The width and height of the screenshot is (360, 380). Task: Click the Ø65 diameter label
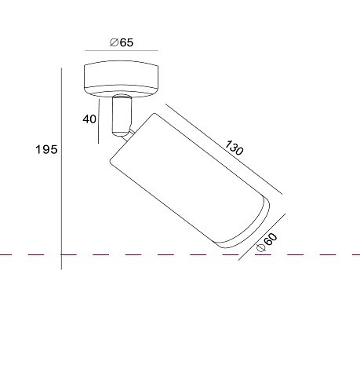click(x=122, y=42)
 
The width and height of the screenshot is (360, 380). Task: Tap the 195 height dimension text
click(x=46, y=149)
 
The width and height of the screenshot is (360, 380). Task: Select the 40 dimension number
click(x=89, y=119)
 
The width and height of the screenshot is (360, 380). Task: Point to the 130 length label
click(x=235, y=148)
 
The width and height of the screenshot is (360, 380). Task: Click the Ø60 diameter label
click(x=267, y=243)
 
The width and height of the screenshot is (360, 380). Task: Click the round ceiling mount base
click(x=122, y=79)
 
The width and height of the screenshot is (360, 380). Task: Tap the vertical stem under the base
click(x=122, y=115)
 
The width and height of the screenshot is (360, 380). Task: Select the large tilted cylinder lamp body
click(x=190, y=181)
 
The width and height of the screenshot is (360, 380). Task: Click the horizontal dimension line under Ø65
click(x=122, y=50)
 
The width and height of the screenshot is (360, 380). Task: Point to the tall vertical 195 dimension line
click(x=61, y=169)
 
